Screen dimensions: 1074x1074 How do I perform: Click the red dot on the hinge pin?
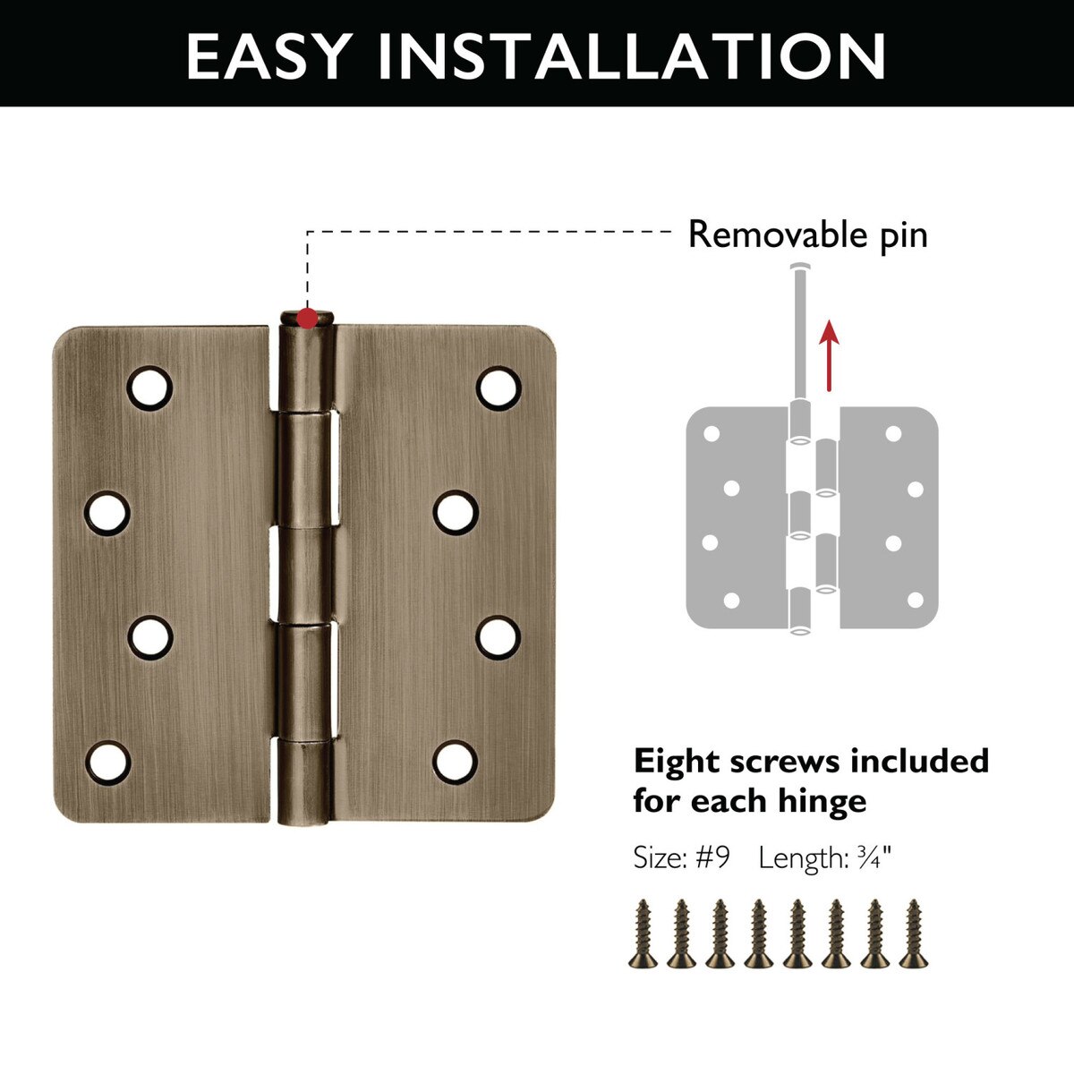307,319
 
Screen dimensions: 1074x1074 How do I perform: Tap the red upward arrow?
830,355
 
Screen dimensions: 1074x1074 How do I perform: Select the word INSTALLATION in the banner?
632,56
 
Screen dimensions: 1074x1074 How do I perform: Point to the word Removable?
778,234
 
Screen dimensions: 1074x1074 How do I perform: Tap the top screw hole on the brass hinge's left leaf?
149,388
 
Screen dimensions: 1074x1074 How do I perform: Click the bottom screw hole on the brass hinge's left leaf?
108,763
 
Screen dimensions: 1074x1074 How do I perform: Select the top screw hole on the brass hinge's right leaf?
499,388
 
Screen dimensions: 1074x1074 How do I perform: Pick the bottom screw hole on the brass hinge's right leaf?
456,762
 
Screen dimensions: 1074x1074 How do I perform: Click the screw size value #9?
712,857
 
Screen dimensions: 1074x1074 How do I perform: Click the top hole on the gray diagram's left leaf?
712,433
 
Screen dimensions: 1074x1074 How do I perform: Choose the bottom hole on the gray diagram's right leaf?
916,601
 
